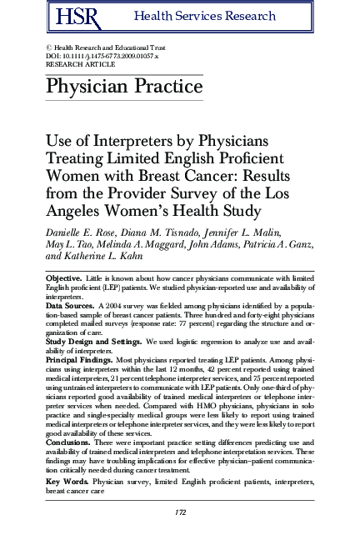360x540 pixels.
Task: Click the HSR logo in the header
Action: [68, 16]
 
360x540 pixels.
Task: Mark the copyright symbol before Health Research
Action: [48, 47]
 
